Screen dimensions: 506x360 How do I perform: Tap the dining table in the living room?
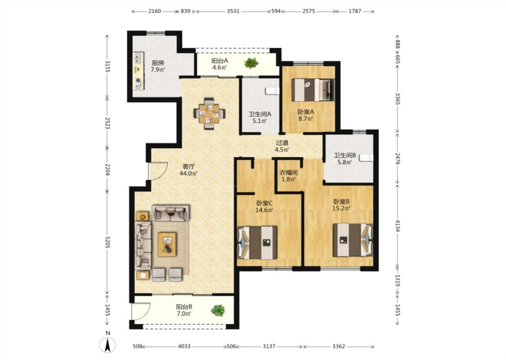pos(209,114)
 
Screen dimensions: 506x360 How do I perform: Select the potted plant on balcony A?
pos(251,63)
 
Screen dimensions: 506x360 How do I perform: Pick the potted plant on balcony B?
pos(218,310)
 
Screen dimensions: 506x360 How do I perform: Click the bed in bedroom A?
pos(313,90)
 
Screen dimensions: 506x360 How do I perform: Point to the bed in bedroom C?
pos(258,243)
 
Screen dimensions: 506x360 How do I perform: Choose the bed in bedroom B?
pos(353,240)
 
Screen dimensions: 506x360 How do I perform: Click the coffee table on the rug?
pos(167,244)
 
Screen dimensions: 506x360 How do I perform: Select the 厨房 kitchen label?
pos(158,63)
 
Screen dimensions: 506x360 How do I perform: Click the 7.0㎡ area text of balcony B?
pos(184,314)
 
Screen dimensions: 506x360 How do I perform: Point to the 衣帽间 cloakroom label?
pos(288,173)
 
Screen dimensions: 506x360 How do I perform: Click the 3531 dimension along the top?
pos(233,11)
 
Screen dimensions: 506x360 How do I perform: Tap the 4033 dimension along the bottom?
pos(184,346)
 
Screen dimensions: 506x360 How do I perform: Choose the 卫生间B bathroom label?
pos(345,155)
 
